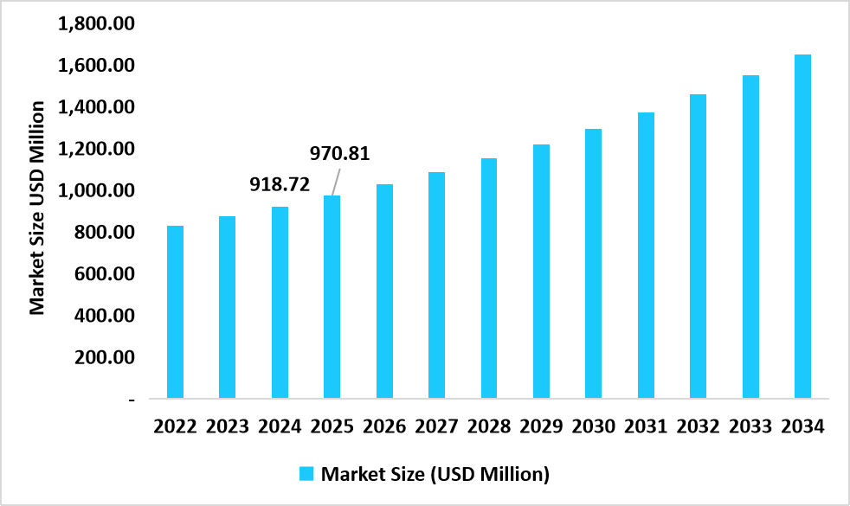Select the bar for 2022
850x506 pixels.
coord(175,312)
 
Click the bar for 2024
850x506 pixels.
coord(280,303)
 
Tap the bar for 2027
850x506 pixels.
coord(437,285)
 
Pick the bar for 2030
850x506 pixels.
coord(593,264)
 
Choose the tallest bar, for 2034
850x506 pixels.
coord(802,227)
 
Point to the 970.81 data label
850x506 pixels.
coord(340,155)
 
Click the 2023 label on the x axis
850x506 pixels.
coord(228,426)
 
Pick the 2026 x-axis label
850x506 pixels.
coord(384,426)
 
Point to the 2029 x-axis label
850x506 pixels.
coord(541,426)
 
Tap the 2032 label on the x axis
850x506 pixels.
coord(698,426)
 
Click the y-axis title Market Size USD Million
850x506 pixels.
coord(37,208)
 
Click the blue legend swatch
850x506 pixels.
coord(306,474)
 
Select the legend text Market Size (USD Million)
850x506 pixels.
coord(435,474)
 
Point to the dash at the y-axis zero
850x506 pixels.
coord(132,400)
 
